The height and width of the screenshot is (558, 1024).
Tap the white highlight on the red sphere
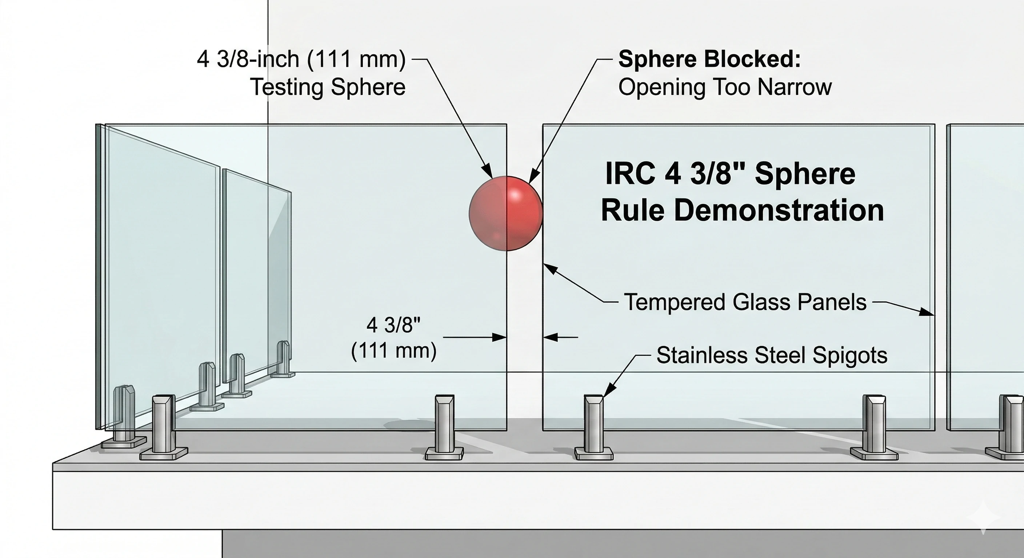(516, 195)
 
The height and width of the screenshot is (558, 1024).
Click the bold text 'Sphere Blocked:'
(709, 59)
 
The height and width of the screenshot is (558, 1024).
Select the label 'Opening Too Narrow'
(725, 87)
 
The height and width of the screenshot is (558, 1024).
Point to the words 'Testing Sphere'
(328, 87)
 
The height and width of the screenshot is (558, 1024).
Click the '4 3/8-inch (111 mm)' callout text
(301, 59)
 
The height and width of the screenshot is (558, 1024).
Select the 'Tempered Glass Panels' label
(745, 302)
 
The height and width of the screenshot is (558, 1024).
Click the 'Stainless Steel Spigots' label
(772, 355)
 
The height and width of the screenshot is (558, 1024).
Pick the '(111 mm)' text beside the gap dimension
(393, 351)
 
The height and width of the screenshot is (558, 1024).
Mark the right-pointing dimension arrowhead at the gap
(500, 337)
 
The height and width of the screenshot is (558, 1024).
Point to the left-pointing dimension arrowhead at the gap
(550, 337)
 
